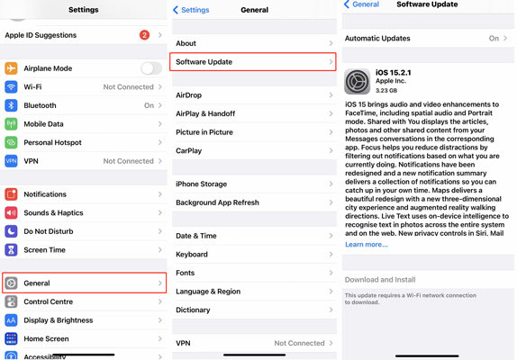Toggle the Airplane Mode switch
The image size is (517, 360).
click(151, 68)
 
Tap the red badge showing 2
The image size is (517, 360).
click(144, 35)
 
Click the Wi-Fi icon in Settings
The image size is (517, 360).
click(11, 87)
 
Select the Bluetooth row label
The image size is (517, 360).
click(40, 105)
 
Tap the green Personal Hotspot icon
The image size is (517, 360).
click(11, 142)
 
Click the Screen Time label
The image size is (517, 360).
click(44, 249)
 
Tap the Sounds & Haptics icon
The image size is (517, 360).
click(11, 212)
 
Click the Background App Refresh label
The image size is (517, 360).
click(217, 202)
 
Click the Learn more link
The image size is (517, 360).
click(366, 244)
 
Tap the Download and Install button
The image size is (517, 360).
click(380, 280)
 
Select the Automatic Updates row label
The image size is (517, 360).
click(377, 39)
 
